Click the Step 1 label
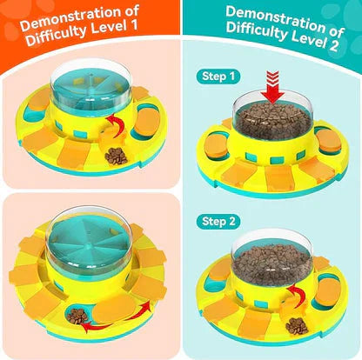[x=218, y=77]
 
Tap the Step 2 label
[x=218, y=222]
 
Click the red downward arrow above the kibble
[x=272, y=87]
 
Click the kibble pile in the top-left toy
[x=117, y=156]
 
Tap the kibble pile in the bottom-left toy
[x=77, y=316]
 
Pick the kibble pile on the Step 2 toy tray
[x=297, y=326]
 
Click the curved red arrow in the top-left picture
[x=116, y=125]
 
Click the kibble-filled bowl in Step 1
[x=272, y=119]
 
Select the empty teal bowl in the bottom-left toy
[x=89, y=240]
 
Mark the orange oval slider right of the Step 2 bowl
[x=328, y=290]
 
